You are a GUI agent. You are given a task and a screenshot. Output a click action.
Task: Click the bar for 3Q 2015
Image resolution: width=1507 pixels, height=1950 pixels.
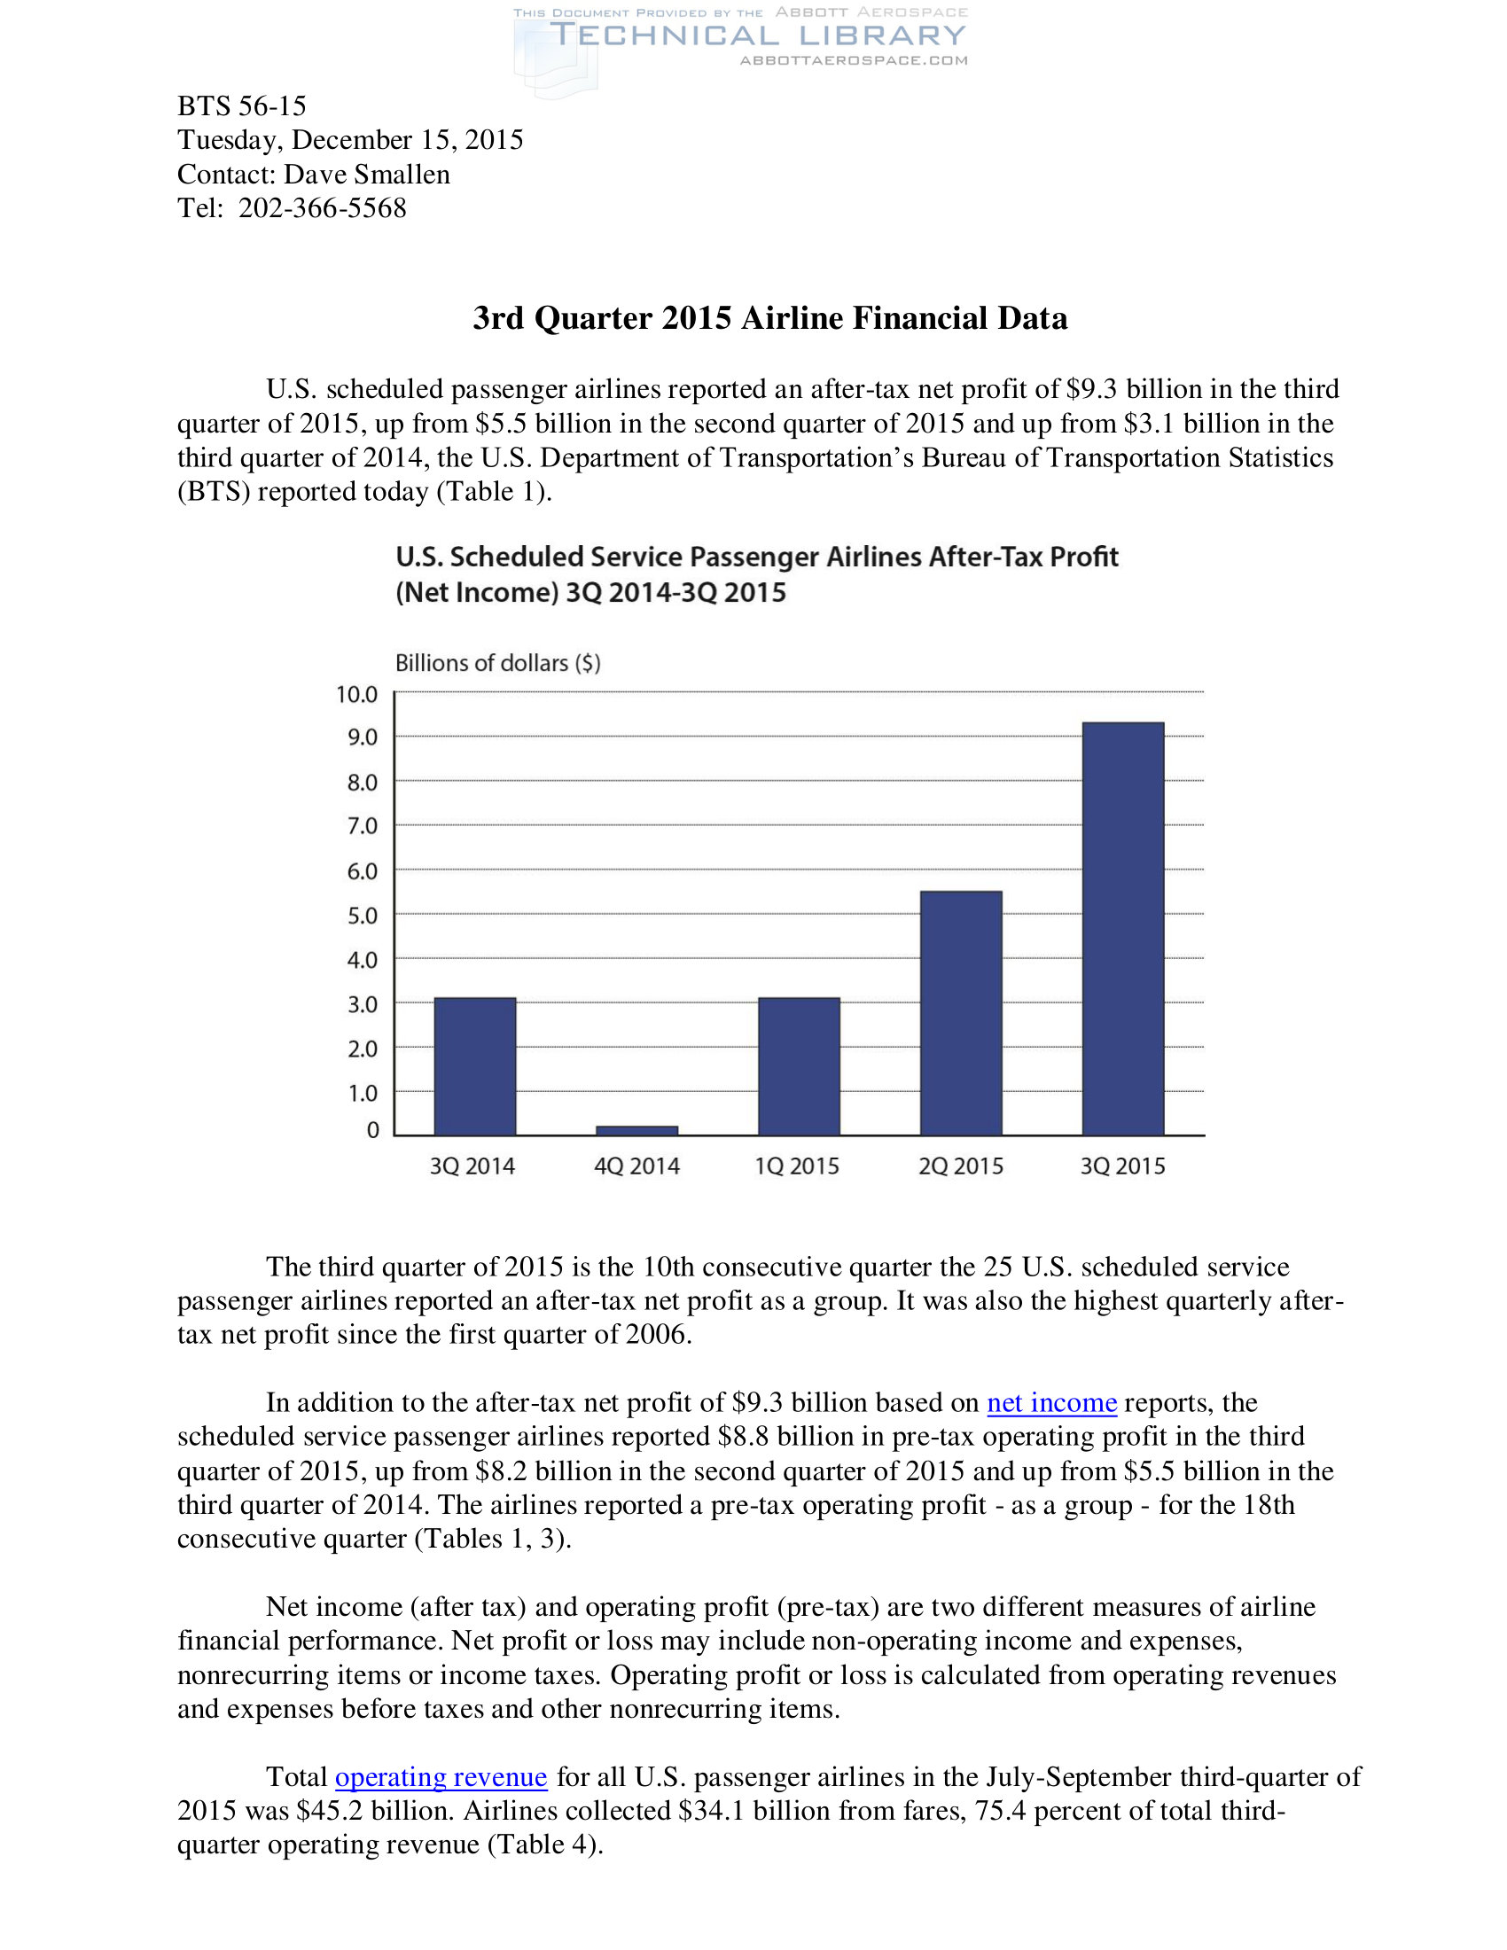[x=1122, y=929]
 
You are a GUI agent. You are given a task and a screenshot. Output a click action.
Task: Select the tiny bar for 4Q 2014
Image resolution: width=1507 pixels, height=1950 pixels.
[x=636, y=1130]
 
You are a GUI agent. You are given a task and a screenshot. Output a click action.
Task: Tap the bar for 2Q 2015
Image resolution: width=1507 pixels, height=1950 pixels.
[x=961, y=1013]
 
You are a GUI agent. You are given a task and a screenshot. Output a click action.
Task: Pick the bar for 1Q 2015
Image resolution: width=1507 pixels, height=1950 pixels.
[x=798, y=1066]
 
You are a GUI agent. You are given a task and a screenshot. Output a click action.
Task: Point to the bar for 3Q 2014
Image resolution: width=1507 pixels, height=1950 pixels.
[x=474, y=1066]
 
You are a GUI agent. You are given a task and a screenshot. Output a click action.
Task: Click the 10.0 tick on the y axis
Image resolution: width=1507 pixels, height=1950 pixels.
[x=357, y=694]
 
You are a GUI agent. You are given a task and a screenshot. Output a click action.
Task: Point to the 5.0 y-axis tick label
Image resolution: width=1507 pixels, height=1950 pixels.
[x=362, y=916]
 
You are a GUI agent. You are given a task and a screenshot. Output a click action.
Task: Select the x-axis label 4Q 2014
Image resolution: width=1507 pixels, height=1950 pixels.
[x=636, y=1166]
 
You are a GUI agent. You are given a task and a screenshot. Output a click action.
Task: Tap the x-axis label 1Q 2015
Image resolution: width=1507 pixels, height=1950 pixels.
[x=797, y=1166]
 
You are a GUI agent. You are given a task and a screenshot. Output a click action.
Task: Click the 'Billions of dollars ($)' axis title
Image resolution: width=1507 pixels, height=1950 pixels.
[x=497, y=662]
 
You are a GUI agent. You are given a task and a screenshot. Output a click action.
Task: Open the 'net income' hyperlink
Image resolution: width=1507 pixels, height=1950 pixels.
[x=1050, y=1403]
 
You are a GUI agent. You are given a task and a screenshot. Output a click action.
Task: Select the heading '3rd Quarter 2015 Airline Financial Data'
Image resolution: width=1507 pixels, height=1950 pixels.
[x=769, y=318]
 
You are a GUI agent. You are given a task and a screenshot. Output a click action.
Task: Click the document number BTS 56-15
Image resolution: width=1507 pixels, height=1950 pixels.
[x=241, y=106]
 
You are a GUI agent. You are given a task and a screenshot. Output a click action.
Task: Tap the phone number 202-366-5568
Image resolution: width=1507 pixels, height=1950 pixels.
[x=323, y=208]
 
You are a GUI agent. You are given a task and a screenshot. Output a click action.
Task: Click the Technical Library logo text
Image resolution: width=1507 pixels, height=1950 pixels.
[x=757, y=35]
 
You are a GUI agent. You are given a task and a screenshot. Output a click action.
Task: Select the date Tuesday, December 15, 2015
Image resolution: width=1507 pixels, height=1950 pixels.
[x=350, y=140]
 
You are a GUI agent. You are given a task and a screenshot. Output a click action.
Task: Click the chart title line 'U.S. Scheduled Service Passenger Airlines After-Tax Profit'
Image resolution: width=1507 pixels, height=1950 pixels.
[x=756, y=558]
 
